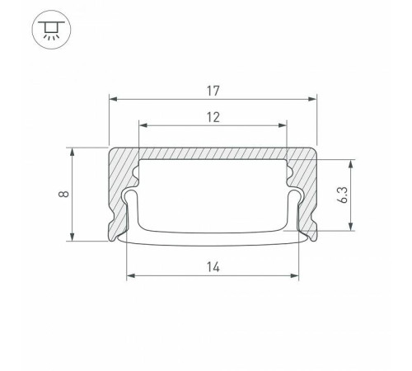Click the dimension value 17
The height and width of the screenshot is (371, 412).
pyautogui.click(x=214, y=85)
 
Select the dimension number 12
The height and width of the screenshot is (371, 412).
pyautogui.click(x=214, y=116)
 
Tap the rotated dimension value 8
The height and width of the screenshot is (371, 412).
pyautogui.click(x=63, y=195)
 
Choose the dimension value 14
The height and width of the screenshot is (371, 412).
pyautogui.click(x=214, y=265)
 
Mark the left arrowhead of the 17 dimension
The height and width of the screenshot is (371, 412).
pyautogui.click(x=115, y=98)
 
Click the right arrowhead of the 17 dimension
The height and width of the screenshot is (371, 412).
pyautogui.click(x=313, y=98)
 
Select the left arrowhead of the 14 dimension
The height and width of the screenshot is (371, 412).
pyautogui.click(x=130, y=276)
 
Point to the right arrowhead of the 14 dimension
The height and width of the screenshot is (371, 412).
pyautogui.click(x=298, y=276)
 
